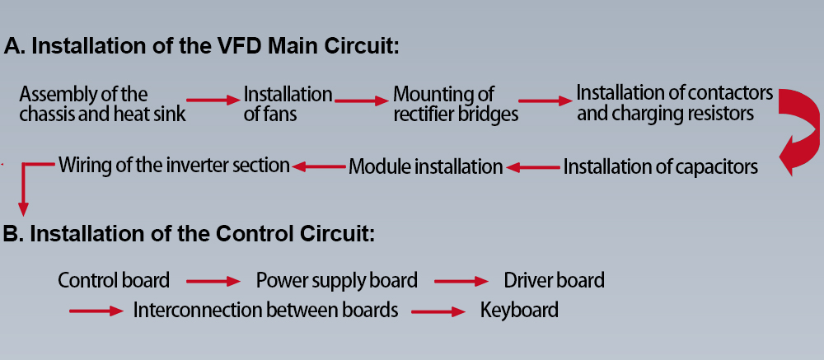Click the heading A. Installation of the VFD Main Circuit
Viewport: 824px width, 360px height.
202,46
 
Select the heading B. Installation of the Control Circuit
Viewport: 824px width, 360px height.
190,234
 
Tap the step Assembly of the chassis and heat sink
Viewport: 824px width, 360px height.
101,104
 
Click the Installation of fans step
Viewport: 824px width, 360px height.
288,104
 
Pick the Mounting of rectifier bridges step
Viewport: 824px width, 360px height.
456,104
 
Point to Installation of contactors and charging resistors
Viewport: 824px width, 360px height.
674,102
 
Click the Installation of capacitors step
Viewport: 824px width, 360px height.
660,167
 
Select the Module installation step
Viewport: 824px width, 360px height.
425,167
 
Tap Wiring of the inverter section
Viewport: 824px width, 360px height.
174,165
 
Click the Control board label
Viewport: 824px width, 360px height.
114,280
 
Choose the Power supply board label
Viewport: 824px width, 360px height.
336,280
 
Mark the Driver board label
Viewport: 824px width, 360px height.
554,280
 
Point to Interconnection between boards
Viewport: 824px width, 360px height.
265,311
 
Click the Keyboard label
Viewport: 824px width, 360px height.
519,311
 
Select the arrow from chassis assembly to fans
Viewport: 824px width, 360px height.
214,100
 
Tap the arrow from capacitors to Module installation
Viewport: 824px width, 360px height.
532,167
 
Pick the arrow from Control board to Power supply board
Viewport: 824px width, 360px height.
213,281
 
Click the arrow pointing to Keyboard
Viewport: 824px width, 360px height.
438,311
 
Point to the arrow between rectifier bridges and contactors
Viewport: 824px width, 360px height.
546,101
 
